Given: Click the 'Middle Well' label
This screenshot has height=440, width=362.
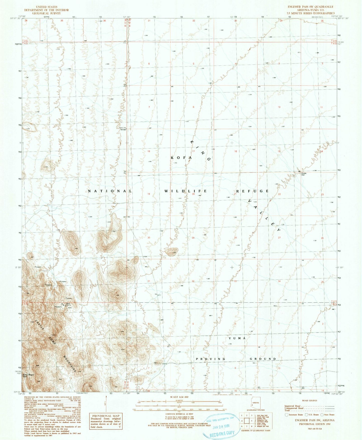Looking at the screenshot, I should tap(304, 174).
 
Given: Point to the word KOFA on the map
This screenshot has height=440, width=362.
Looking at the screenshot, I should tap(181, 158).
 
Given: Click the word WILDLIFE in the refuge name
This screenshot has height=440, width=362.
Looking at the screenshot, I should tap(186, 191).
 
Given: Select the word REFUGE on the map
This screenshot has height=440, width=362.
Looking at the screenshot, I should tap(254, 191).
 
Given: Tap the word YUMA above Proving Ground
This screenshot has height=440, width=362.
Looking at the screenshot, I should tap(237, 338).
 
